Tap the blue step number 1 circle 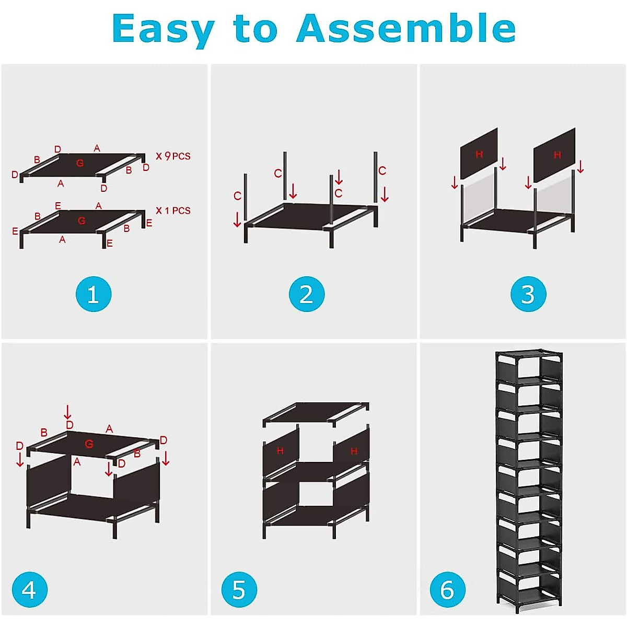tap(94, 294)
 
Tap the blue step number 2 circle tap(307, 294)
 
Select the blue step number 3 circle tap(528, 294)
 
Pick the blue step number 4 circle tap(29, 590)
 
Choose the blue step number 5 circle tap(239, 590)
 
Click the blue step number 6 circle tap(447, 590)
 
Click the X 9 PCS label tap(173, 156)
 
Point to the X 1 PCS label tap(173, 211)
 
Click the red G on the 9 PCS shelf tap(80, 163)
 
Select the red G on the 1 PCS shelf tap(82, 220)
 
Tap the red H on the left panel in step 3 tap(479, 154)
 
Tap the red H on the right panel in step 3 tap(557, 155)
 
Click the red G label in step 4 tap(89, 444)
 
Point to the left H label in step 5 tap(280, 450)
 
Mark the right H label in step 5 tap(354, 451)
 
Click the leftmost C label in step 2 tap(237, 196)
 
